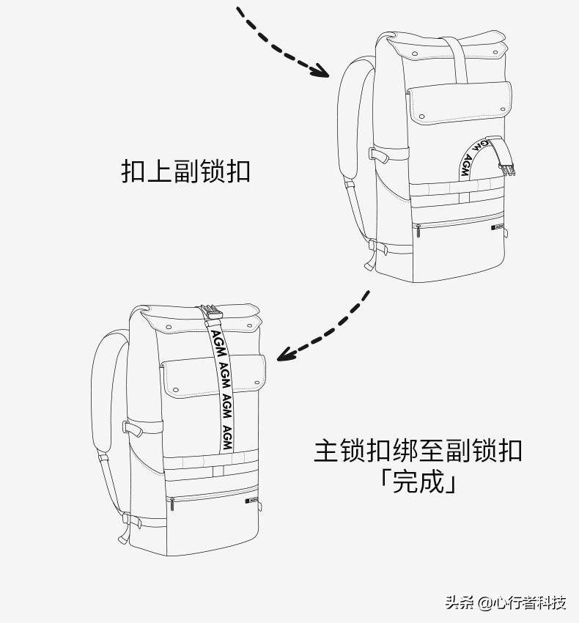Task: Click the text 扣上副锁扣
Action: click(185, 172)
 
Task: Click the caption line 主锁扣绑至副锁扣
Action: click(418, 450)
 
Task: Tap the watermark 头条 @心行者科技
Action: click(505, 602)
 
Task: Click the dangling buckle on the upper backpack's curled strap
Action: click(507, 167)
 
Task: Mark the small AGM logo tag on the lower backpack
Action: click(251, 502)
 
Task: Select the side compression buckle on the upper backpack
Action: click(378, 155)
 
